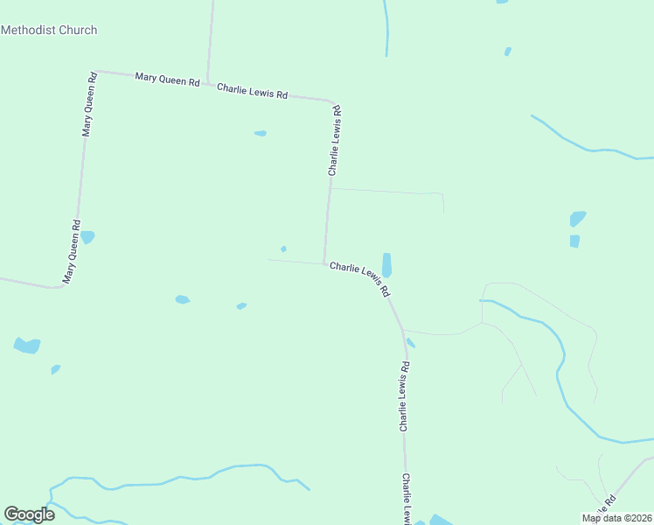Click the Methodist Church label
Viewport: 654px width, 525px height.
pos(49,30)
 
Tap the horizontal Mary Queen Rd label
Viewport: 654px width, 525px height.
pos(168,80)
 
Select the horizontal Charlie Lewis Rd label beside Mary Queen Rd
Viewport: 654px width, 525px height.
pos(252,90)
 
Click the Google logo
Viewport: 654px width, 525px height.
pos(29,514)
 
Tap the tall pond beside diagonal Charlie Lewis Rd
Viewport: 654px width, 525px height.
pos(386,265)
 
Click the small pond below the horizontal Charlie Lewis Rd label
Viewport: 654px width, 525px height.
pos(260,133)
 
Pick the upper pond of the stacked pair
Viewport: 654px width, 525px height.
pos(577,219)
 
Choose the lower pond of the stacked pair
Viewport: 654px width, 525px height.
pos(574,241)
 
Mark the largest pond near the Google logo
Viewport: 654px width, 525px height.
pos(27,346)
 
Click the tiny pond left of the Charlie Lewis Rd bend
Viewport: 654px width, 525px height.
pos(283,248)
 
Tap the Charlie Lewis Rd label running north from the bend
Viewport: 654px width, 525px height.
pos(334,141)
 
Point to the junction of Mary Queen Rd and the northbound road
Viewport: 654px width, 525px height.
pos(207,85)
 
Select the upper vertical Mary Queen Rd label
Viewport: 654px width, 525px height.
pos(87,105)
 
